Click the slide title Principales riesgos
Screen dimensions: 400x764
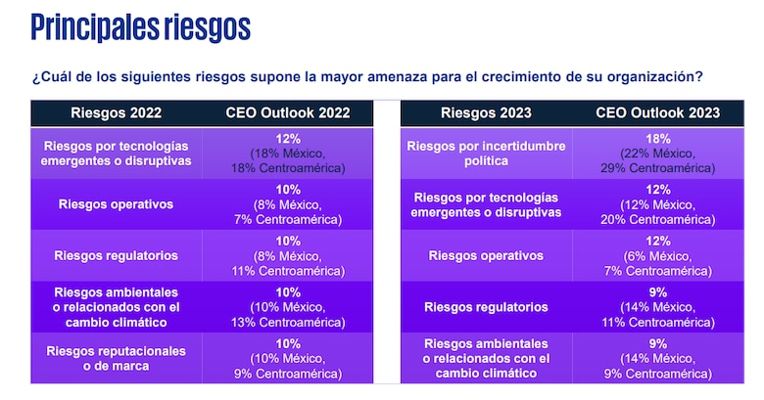140,26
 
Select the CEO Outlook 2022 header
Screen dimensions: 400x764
289,112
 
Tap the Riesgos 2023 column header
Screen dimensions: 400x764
486,112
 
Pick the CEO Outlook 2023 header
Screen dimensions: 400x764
657,112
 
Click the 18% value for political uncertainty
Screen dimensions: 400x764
657,140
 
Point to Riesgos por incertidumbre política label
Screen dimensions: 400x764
486,153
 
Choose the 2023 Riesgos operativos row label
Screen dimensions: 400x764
486,255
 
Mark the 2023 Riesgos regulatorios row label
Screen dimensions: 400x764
486,306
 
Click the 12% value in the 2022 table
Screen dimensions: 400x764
289,140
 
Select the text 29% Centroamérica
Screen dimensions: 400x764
657,168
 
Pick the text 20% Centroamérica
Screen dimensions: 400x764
657,219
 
